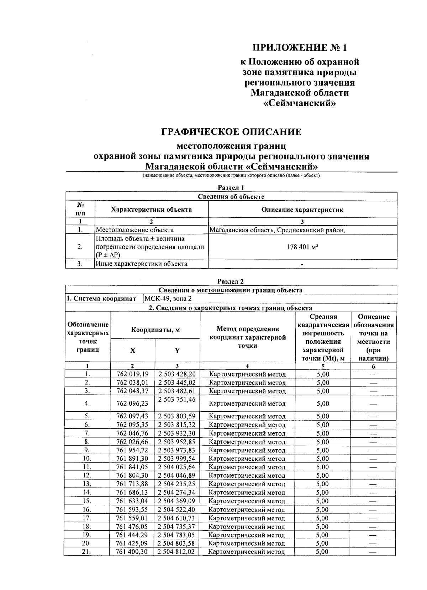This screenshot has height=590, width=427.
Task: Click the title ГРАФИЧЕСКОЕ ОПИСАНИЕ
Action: click(x=231, y=132)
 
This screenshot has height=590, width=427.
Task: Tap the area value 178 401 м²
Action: click(x=302, y=247)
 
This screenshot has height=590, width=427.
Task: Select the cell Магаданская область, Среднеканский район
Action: click(x=277, y=230)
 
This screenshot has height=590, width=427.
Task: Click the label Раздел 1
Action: click(x=231, y=188)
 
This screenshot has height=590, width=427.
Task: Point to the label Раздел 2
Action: click(x=231, y=282)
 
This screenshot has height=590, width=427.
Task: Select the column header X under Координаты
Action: click(x=133, y=351)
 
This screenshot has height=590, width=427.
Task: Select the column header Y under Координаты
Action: click(x=177, y=351)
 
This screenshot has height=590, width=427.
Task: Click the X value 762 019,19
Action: click(x=132, y=374)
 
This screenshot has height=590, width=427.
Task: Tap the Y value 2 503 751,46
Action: click(x=177, y=400)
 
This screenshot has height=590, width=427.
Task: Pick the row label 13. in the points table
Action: click(x=87, y=484)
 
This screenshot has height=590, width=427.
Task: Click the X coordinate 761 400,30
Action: click(x=132, y=552)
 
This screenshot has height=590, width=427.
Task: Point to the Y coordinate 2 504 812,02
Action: click(x=176, y=552)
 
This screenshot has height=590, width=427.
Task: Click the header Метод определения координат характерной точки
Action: click(x=248, y=337)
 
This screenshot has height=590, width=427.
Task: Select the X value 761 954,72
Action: click(x=132, y=450)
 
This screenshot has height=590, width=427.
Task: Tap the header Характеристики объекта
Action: click(x=151, y=210)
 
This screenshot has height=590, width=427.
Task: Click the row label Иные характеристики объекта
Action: click(x=142, y=264)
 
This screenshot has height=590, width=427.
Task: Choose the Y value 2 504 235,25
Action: click(x=176, y=484)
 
